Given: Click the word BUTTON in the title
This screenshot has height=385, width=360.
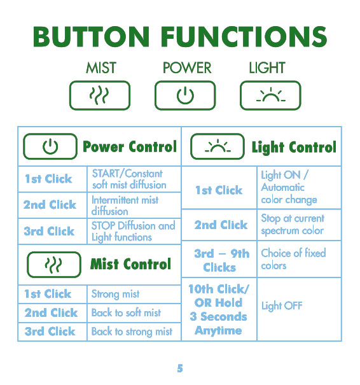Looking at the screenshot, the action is [92, 37].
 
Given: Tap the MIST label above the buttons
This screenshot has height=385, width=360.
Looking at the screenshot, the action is [101, 67].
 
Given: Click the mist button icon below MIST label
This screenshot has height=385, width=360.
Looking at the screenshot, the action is [100, 95].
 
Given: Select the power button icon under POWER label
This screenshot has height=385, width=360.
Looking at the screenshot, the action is [185, 95].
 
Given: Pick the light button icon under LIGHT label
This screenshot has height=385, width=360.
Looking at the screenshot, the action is [270, 95].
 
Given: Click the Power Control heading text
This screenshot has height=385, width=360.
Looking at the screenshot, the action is [130, 146].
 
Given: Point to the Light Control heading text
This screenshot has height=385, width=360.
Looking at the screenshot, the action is [294, 148].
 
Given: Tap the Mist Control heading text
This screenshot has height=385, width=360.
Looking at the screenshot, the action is [130, 264].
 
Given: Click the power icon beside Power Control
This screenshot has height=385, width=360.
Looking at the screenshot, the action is [50, 146].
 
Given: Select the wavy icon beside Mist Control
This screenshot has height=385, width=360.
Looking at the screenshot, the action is [54, 265].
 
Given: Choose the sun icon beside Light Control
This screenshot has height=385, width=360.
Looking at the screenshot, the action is [218, 146].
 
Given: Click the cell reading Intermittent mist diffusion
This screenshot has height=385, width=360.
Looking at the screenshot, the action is [134, 206].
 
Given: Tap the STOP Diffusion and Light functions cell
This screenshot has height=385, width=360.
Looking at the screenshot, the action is [134, 231].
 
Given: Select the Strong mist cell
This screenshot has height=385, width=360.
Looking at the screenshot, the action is [134, 294].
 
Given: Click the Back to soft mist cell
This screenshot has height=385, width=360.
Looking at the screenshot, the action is [134, 313].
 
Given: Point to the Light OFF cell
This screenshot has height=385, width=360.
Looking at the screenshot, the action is [299, 309].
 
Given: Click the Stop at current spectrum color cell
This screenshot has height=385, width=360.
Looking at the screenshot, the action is [299, 225].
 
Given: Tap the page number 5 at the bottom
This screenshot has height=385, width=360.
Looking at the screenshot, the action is [180, 368].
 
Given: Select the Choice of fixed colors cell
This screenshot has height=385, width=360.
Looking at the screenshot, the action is [299, 259].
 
